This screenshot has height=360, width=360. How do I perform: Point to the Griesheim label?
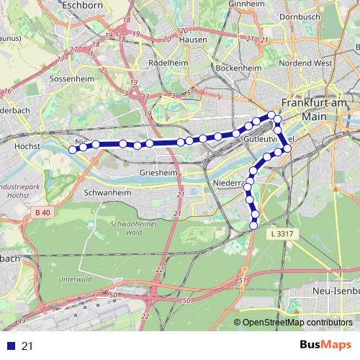pyautogui.click(x=160, y=174)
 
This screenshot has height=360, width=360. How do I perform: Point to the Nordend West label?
pyautogui.click(x=306, y=63)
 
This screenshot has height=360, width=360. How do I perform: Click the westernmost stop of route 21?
pyautogui.click(x=72, y=150)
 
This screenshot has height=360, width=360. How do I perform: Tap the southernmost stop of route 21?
pyautogui.click(x=253, y=226)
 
